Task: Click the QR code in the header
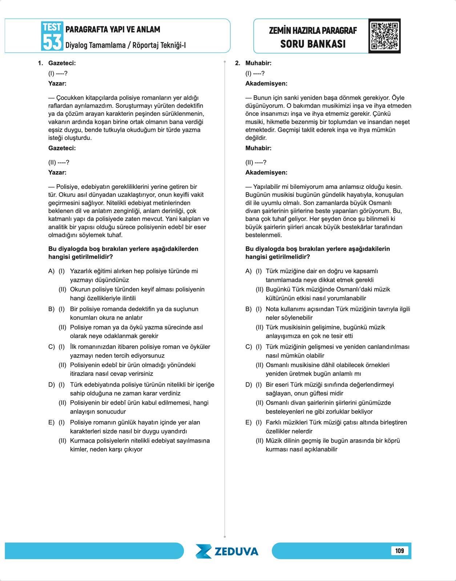pos(384,36)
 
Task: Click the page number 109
pos(399,550)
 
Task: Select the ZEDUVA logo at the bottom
pos(227,551)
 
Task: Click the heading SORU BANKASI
pos(313,44)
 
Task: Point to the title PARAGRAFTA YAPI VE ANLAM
pos(113,29)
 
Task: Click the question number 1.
pos(40,63)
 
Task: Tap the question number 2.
pos(238,63)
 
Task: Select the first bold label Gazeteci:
pos(62,63)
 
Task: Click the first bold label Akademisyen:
pos(266,84)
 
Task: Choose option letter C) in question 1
pos(51,347)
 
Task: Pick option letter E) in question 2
pos(249,422)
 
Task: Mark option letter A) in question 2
pos(249,271)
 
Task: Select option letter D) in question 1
pos(51,385)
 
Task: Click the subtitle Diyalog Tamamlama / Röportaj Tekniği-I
pos(125,45)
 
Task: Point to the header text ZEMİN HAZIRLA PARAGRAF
pos(313,31)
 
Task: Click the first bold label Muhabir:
pos(258,63)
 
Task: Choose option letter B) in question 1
pos(51,309)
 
